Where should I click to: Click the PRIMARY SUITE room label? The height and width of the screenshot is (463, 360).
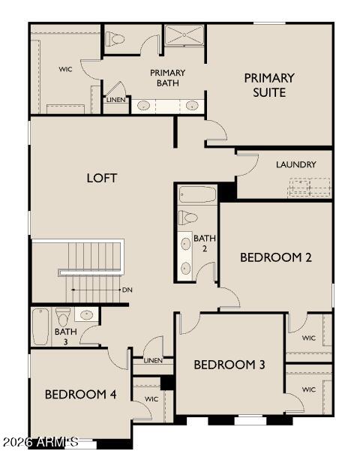pos(268,85)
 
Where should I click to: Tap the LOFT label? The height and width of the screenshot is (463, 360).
pos(102,178)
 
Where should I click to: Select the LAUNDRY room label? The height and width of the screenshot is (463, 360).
pos(295,164)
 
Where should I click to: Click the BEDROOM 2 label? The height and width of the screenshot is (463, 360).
pos(275,257)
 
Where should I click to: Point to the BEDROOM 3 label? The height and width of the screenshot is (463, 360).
pos(229,365)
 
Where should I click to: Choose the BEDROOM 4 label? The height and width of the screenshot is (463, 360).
pos(80,394)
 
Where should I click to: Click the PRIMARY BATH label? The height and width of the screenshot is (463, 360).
pos(167,78)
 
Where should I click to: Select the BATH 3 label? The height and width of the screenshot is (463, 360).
pos(65,336)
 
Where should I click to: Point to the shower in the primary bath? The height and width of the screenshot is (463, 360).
pos(184,35)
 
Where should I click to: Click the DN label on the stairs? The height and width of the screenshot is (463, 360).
pos(127,289)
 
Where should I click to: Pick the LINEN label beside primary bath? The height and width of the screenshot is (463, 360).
pos(115,100)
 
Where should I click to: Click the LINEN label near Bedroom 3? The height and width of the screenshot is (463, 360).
pos(153,360)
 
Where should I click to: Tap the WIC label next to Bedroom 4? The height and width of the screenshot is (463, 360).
pos(151,398)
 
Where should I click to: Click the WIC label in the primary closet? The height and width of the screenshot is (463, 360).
pos(65,69)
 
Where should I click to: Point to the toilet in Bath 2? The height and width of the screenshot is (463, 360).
pos(188,218)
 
